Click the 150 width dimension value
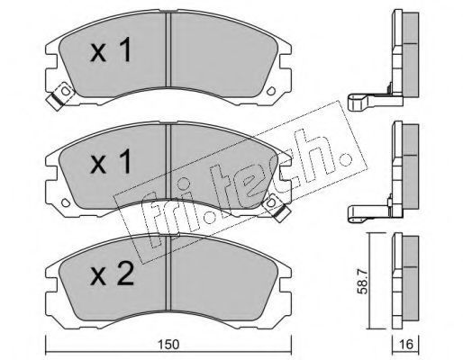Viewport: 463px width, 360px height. point(168,345)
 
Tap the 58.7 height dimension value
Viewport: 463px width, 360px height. point(363,282)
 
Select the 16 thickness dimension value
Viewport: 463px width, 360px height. point(406,345)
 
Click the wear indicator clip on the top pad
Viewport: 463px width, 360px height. point(60,95)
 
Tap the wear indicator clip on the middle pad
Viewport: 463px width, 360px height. point(276,207)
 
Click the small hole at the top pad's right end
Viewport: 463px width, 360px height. point(271,91)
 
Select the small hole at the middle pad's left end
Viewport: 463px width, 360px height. point(66,202)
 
